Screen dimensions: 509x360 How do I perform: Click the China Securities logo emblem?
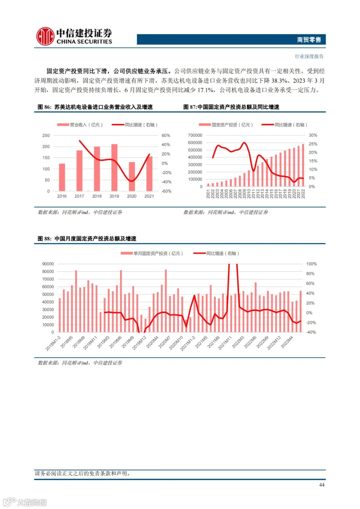[45, 36]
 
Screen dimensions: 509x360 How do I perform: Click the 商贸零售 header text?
[309, 40]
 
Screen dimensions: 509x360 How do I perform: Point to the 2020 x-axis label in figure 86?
[132, 196]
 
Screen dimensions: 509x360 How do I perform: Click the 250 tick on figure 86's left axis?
[46, 136]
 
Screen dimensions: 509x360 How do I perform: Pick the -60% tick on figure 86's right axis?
[166, 191]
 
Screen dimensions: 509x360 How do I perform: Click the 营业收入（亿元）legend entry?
[80, 125]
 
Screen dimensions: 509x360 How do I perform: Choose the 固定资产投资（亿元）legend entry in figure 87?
[226, 125]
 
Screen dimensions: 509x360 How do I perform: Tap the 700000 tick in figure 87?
[195, 135]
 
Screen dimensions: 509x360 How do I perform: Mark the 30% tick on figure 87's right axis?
[313, 135]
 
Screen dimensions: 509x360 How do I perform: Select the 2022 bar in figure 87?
[303, 165]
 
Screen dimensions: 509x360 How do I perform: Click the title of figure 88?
[87, 239]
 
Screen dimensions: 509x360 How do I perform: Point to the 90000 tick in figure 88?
[48, 264]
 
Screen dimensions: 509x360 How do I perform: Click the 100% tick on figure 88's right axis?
[311, 264]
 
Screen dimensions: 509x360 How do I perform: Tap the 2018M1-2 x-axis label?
[53, 343]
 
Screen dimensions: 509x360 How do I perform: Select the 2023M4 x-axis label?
[287, 342]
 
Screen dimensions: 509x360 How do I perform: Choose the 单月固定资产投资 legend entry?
[152, 254]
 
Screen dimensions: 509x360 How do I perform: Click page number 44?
[322, 485]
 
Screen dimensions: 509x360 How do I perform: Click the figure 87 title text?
[231, 107]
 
